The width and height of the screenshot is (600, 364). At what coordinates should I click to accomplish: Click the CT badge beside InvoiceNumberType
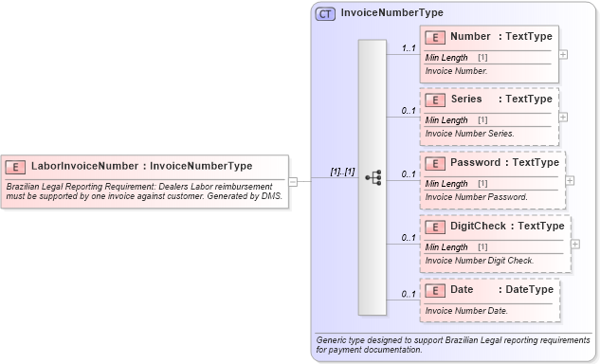click(x=325, y=13)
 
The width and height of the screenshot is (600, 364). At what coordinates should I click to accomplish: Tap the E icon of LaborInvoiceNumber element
click(x=16, y=166)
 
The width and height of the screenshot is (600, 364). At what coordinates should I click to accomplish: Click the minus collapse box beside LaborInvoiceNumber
click(x=294, y=181)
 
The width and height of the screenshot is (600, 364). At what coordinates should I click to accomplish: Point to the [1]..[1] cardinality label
click(x=342, y=172)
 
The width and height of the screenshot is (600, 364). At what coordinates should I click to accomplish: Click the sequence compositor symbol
click(x=373, y=176)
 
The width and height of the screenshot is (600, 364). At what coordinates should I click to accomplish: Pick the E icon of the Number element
click(x=436, y=37)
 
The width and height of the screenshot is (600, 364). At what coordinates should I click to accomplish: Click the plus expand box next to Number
click(x=564, y=54)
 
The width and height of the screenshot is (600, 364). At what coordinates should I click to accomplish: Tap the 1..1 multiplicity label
click(x=409, y=47)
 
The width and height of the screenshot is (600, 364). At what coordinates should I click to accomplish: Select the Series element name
click(x=466, y=99)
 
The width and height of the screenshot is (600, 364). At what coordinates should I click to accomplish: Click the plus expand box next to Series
click(x=564, y=117)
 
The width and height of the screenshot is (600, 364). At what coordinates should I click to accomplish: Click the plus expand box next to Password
click(x=570, y=179)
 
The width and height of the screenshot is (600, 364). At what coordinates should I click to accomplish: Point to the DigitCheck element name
click(x=482, y=226)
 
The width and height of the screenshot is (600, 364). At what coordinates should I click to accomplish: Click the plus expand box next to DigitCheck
click(x=575, y=243)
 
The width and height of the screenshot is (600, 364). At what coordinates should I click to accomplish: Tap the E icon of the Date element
click(x=436, y=289)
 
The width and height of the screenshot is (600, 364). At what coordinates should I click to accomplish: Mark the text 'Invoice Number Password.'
click(x=476, y=197)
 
